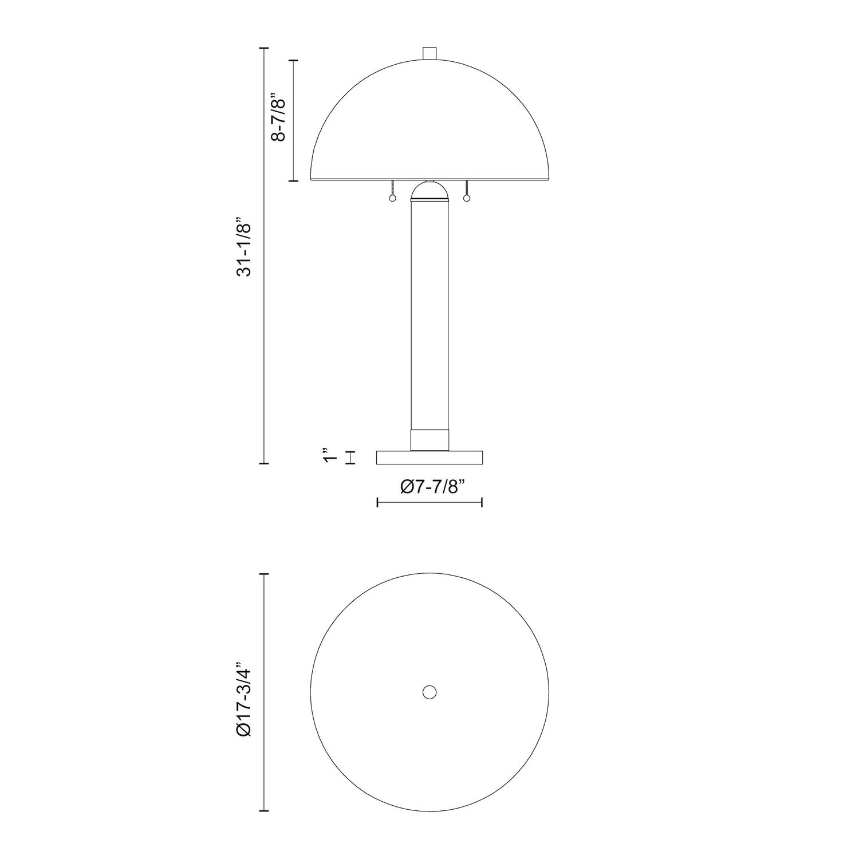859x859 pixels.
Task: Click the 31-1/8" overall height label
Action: pyautogui.click(x=245, y=247)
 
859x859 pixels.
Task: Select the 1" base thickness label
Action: pyautogui.click(x=328, y=458)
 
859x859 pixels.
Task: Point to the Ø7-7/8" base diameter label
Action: pyautogui.click(x=429, y=487)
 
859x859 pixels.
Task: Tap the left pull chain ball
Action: pyautogui.click(x=392, y=198)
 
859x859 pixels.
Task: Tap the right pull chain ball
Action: pyautogui.click(x=467, y=198)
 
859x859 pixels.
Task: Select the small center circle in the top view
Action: pyautogui.click(x=429, y=692)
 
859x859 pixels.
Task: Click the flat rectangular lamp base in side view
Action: pyautogui.click(x=429, y=458)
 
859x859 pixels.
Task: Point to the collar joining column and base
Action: pyautogui.click(x=429, y=439)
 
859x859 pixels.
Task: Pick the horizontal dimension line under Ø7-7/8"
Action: pyautogui.click(x=429, y=502)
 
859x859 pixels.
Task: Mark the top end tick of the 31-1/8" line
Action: pyautogui.click(x=264, y=48)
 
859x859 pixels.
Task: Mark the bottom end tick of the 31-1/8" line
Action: pyautogui.click(x=264, y=463)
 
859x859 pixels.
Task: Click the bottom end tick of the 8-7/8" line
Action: pyautogui.click(x=294, y=181)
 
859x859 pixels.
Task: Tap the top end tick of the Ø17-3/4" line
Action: pyautogui.click(x=264, y=573)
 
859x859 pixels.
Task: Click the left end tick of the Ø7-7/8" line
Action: pyautogui.click(x=377, y=502)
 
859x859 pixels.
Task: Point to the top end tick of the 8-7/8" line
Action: pyautogui.click(x=294, y=60)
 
